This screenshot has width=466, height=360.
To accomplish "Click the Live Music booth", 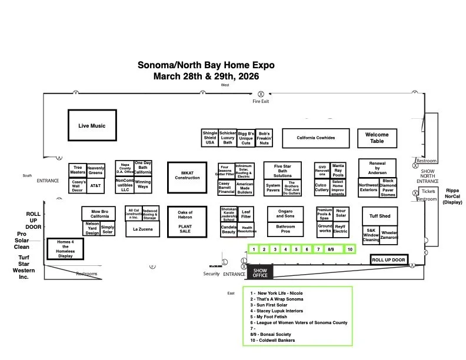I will point(92,125).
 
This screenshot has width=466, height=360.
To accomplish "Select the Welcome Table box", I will point(377,138).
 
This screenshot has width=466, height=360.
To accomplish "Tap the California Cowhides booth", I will point(315,138).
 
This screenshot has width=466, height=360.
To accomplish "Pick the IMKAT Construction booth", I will point(187,175).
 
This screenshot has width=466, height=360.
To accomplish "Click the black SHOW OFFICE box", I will point(260,272).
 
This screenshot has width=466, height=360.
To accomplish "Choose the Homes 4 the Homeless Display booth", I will point(65,249).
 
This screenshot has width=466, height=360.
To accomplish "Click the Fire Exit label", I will point(261,102).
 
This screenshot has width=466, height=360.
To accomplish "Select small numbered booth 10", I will point(349,249).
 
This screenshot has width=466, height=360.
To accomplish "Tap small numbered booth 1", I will point(254,249).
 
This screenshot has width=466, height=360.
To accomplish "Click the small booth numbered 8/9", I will point(331,249).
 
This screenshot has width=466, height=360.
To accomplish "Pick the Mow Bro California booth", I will point(99,214).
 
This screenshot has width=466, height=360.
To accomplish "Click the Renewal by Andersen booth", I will point(377,168).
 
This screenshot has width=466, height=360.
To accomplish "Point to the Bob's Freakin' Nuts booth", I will point(264,138).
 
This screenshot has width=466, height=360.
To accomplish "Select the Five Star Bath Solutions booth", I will point(282,170).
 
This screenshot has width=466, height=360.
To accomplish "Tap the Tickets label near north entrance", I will point(428,191).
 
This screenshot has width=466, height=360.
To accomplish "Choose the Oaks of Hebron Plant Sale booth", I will point(185,221).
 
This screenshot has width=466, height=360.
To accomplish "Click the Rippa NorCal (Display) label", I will point(452,196).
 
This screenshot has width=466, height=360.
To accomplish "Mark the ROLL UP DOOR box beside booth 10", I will point(388,259).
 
